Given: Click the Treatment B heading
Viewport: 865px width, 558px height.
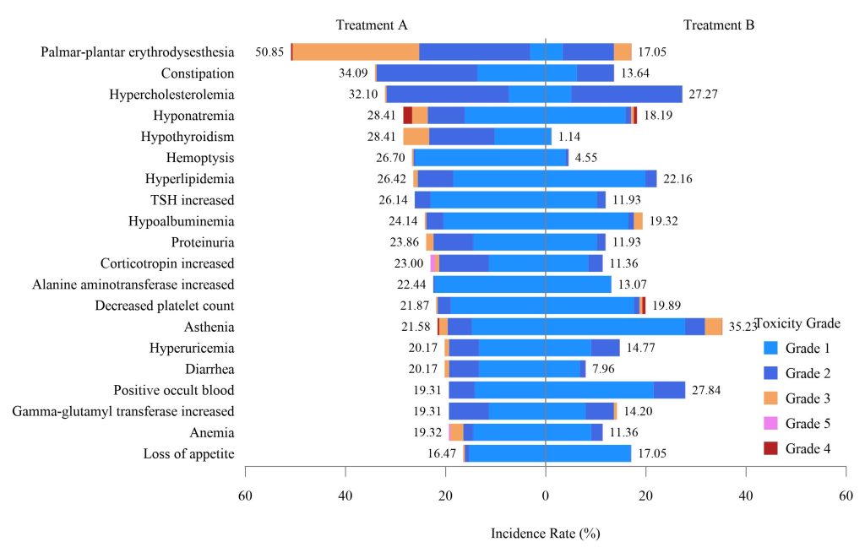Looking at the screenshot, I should pyautogui.click(x=719, y=24).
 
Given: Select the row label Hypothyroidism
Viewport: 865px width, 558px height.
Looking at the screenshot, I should pyautogui.click(x=187, y=137).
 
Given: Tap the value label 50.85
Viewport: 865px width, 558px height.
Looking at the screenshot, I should pyautogui.click(x=269, y=52).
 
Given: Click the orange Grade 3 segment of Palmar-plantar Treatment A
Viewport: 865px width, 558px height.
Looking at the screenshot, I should pyautogui.click(x=356, y=52).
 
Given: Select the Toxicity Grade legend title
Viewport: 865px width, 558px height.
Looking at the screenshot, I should pyautogui.click(x=797, y=322).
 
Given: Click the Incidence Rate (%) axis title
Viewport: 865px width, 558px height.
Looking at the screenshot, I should pyautogui.click(x=545, y=534).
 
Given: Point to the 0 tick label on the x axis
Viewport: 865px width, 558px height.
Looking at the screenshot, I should pyautogui.click(x=546, y=496).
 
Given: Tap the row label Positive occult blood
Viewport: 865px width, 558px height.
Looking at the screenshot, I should pyautogui.click(x=174, y=390).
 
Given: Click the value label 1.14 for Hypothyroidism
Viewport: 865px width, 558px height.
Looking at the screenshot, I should pyautogui.click(x=569, y=137).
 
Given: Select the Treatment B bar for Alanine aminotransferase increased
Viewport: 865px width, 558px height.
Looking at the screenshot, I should pyautogui.click(x=578, y=284).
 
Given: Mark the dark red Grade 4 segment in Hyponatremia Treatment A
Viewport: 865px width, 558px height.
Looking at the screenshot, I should pyautogui.click(x=407, y=116).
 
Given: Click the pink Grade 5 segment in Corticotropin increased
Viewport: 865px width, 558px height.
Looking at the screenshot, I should pyautogui.click(x=432, y=263).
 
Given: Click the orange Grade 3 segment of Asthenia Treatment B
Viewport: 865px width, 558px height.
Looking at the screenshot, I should pyautogui.click(x=714, y=327).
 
